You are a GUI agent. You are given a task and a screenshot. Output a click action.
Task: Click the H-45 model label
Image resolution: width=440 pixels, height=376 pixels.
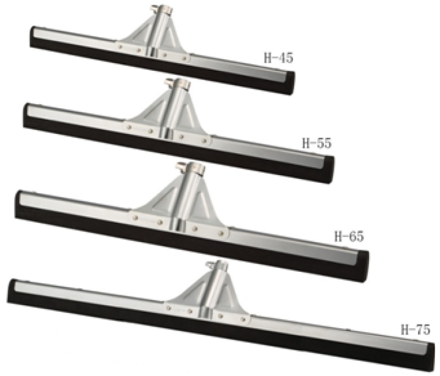(279, 58)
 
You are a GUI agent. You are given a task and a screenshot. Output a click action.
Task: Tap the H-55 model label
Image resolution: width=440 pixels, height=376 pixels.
(317, 143)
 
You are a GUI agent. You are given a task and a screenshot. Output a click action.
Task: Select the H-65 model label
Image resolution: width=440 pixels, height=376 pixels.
(349, 237)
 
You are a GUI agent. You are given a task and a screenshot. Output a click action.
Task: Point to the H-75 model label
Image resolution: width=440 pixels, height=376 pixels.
(415, 329)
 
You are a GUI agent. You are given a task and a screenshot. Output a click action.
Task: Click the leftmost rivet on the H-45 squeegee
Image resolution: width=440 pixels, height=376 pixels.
(120, 47)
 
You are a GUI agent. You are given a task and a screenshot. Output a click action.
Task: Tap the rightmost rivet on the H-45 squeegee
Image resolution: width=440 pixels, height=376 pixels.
(184, 58)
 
